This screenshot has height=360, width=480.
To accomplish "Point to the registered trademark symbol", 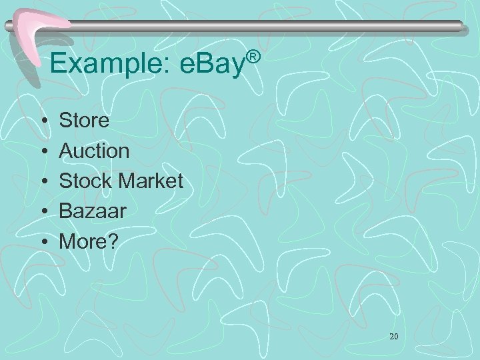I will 251,52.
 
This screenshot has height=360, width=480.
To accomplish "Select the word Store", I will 84,121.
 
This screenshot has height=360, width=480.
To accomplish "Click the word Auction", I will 95,151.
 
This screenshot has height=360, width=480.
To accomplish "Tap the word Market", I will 151,181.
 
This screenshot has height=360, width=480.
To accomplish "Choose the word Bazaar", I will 91,211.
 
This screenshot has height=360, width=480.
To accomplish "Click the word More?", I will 88,241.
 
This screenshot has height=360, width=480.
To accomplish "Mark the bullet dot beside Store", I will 43,122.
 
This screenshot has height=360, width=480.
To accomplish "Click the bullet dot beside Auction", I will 43,152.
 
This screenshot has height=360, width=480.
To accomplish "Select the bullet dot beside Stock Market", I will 43,182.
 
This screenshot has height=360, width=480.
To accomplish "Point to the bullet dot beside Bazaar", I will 43,212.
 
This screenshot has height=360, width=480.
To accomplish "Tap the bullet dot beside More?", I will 43,242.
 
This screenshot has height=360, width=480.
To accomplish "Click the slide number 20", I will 393,337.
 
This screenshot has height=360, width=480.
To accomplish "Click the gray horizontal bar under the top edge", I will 267,26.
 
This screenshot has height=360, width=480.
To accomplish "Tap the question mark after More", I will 111,241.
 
